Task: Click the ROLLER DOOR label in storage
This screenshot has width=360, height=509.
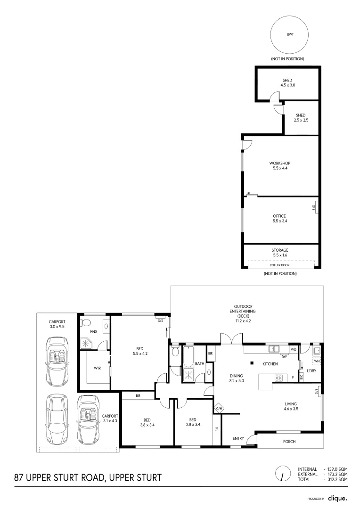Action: click(x=280, y=265)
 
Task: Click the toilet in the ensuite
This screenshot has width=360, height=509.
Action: click(x=85, y=323)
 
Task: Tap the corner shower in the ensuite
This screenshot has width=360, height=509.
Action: click(x=87, y=343)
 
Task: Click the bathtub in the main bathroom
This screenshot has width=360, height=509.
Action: click(x=188, y=357)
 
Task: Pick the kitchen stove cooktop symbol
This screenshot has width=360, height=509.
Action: click(x=278, y=378)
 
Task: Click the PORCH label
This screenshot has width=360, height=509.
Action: click(x=289, y=442)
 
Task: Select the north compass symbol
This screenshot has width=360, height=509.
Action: click(x=282, y=474)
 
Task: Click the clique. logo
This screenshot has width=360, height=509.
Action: click(x=337, y=498)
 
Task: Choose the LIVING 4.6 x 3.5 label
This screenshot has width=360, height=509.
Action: click(x=290, y=406)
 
